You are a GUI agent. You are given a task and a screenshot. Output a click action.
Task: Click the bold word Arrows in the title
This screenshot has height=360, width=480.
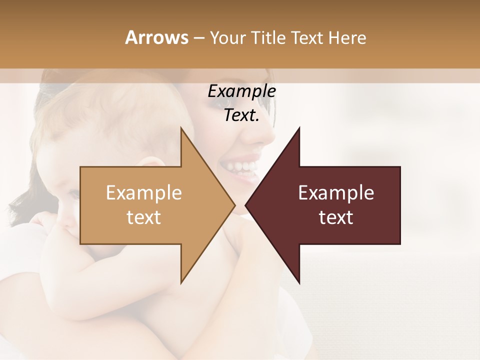pyautogui.click(x=156, y=37)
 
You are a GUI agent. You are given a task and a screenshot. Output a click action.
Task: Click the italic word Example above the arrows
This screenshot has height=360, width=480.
pyautogui.click(x=241, y=91)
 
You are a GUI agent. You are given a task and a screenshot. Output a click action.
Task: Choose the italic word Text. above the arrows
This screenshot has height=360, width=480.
pyautogui.click(x=241, y=115)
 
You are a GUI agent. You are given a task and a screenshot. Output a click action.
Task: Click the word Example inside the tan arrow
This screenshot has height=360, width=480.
pyautogui.click(x=143, y=192)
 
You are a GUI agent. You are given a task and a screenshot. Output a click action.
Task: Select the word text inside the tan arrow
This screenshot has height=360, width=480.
pyautogui.click(x=143, y=217)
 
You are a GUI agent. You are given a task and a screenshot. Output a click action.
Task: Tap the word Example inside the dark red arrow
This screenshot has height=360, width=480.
pyautogui.click(x=336, y=192)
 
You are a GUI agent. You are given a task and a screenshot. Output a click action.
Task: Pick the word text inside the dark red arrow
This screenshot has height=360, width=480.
pyautogui.click(x=336, y=217)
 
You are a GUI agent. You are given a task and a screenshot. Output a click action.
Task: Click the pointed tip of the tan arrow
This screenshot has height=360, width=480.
pyautogui.click(x=234, y=205)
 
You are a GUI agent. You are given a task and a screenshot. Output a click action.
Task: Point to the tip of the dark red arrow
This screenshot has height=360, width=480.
pyautogui.click(x=246, y=205)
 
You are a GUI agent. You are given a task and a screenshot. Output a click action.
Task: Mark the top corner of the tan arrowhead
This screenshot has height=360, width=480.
pyautogui.click(x=181, y=127)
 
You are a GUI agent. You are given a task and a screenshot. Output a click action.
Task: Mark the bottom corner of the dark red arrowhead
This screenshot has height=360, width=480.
pyautogui.click(x=299, y=283)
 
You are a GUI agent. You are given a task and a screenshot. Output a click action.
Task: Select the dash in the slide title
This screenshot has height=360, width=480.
pyautogui.click(x=198, y=38)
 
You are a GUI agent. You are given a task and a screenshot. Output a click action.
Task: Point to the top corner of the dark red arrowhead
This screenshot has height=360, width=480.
pyautogui.click(x=299, y=127)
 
